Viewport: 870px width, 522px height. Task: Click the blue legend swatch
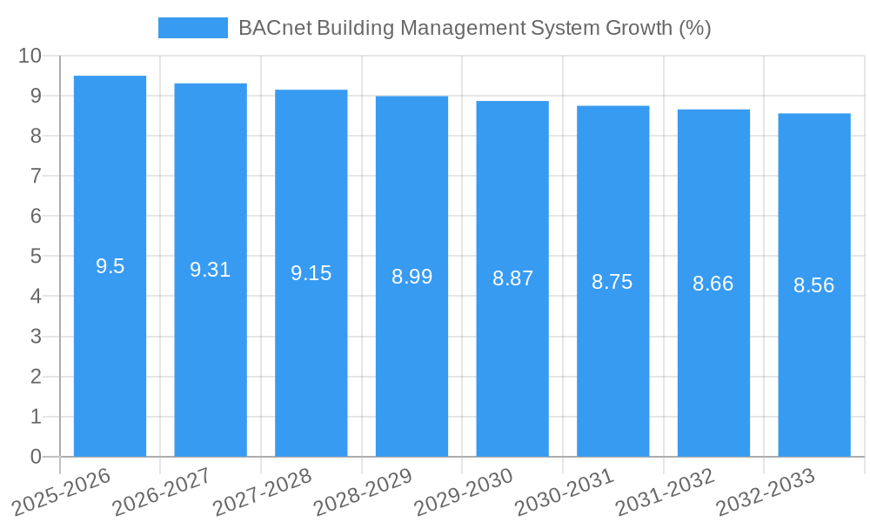coord(192,28)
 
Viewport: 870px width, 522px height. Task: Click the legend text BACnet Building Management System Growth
coord(474,28)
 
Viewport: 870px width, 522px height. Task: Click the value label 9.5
coord(110,266)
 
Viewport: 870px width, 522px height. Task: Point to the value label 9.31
coord(211,270)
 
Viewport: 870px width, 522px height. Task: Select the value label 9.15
coord(311,273)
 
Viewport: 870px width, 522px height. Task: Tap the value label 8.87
coord(512,278)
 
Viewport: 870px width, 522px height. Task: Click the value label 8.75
coord(612,282)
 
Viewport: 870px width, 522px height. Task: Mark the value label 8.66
coord(713,284)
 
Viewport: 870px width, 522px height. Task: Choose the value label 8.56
coord(814,285)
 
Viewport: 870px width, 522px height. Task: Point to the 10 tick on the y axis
coord(30,56)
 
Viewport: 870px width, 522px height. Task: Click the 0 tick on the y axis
coord(36,457)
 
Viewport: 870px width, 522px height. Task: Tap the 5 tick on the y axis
coord(36,257)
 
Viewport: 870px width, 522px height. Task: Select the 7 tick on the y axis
coord(36,176)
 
